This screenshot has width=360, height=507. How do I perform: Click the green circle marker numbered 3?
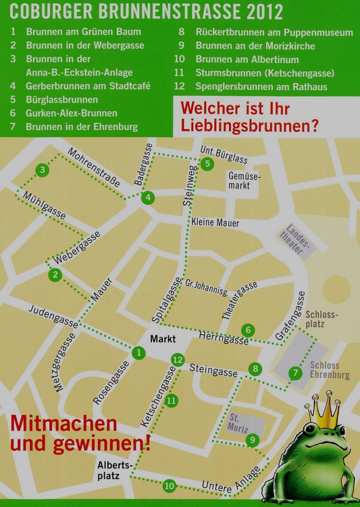pos(43,170)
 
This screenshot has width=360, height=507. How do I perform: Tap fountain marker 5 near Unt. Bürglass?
pos(207,163)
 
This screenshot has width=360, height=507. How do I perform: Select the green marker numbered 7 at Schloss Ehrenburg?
pos(294,372)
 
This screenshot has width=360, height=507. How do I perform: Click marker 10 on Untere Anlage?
pos(169,485)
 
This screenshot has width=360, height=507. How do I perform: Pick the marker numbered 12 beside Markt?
pos(178,360)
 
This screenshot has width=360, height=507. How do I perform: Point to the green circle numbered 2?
pos(55,274)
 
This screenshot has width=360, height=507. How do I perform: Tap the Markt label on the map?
pos(163,338)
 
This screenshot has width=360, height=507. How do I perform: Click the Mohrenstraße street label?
pos(94,168)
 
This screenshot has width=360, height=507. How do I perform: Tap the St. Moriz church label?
pos(238,424)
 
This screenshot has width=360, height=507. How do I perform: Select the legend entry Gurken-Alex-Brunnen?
pos(72,114)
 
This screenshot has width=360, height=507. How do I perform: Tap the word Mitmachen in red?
pos(63,425)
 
